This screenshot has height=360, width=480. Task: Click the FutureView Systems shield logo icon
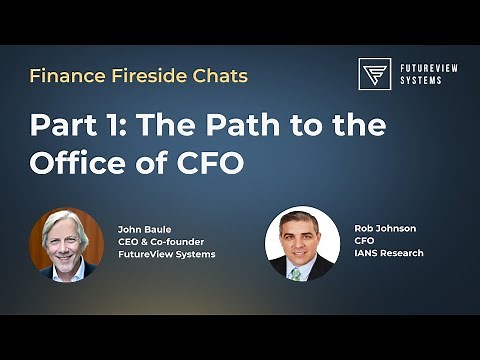point(374,74)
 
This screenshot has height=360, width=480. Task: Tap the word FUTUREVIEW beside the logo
point(424,67)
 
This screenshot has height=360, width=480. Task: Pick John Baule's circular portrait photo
point(66,244)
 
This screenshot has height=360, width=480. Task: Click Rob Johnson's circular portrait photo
point(302,244)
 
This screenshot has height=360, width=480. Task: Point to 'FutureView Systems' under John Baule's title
point(166,254)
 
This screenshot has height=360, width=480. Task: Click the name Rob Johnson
point(385,229)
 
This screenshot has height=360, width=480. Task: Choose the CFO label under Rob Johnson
point(364,241)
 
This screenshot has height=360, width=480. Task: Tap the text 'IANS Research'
point(389,253)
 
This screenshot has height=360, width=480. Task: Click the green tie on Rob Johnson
point(296,273)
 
